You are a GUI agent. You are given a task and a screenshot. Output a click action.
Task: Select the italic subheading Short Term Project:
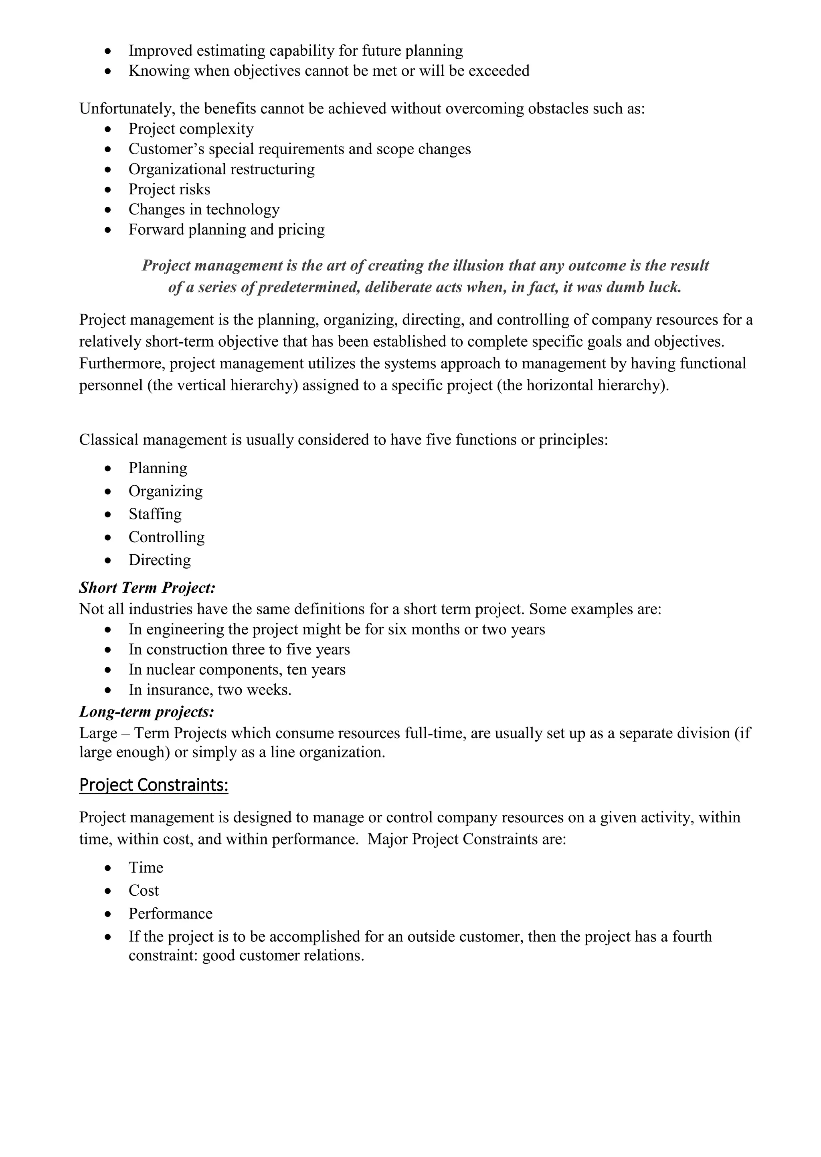tap(147, 588)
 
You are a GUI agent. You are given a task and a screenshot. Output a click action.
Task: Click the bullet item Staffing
tap(155, 514)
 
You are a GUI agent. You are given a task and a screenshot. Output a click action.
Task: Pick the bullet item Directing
tap(159, 560)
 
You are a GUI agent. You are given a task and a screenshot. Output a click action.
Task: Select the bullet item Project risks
tap(169, 189)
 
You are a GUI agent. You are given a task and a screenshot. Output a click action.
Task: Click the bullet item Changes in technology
tap(204, 209)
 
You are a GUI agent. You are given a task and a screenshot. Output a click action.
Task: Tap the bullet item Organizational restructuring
tap(221, 169)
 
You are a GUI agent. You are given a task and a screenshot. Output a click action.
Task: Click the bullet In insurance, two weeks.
tap(210, 690)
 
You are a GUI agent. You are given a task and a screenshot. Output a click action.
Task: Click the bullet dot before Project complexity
tap(108, 129)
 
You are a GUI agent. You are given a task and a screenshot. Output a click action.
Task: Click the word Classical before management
tap(109, 440)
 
